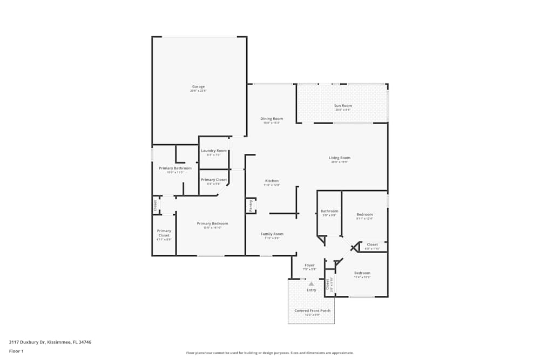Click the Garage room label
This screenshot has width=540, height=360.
coord(198,86)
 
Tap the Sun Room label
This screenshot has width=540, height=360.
coord(343,106)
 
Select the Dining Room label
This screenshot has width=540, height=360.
coord(272,119)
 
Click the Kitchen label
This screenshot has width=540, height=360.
coord(272,180)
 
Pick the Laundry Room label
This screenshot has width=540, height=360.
coord(214,151)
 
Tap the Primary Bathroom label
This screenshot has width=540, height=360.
coord(175,168)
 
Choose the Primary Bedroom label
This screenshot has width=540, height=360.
coord(212,223)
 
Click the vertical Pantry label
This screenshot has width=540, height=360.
coord(251,206)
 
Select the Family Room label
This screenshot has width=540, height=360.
coord(272,234)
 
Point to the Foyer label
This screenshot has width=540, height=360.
coord(309,265)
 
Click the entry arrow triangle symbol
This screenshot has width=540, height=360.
coord(311,283)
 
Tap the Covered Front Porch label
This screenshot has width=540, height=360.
coord(312,311)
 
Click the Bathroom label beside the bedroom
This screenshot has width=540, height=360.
coord(329,211)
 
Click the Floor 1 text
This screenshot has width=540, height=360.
coord(16,351)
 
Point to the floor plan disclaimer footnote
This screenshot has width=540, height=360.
coord(270,352)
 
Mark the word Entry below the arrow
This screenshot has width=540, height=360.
coord(312,290)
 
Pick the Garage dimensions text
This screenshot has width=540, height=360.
coord(198,91)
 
